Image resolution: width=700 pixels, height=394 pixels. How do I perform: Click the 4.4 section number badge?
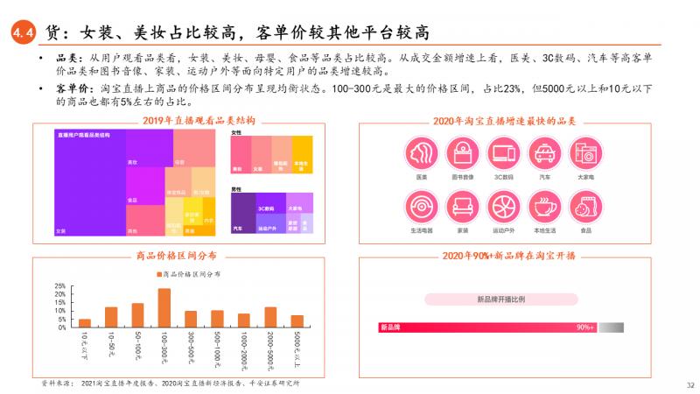pos(21,33)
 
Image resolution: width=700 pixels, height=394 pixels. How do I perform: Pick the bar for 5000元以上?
pos(297,321)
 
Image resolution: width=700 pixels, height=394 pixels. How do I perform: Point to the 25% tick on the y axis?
pos(60,286)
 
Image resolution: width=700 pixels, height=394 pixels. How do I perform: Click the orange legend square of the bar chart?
pos(160,275)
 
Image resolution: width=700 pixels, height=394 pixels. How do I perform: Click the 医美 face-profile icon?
pos(422,155)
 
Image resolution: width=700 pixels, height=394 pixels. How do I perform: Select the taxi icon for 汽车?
pos(544,155)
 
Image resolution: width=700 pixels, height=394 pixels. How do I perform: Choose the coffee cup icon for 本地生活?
pos(544,208)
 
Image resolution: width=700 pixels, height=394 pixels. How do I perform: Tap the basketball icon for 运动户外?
pos(503,208)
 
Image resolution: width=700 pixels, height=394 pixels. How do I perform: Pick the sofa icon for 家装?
pos(462,208)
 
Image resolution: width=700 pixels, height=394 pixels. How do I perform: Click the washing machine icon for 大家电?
pos(585,155)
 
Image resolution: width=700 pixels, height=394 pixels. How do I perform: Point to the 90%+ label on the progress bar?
pos(585,327)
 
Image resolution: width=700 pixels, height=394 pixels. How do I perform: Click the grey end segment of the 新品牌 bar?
pos(612,327)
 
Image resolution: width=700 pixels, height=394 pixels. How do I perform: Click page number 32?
pos(689,384)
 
